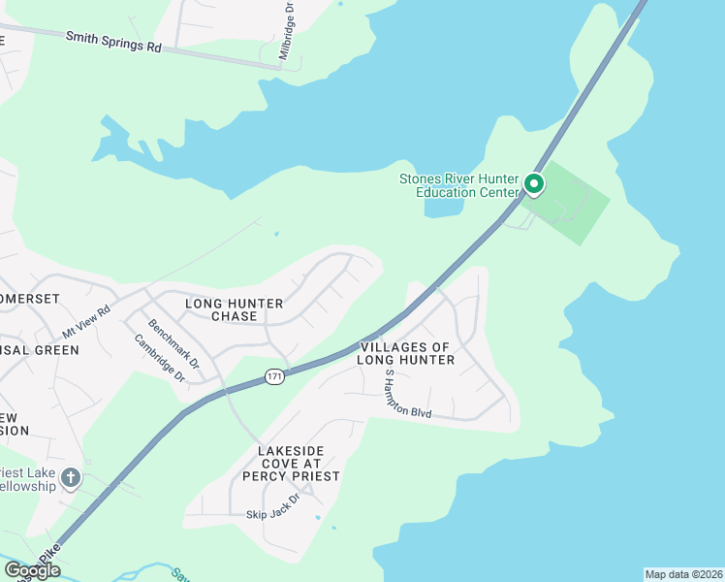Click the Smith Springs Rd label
point(113,42)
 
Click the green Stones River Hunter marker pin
point(533,183)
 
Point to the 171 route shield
point(275,375)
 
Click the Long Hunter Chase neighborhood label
point(234,309)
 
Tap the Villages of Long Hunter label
point(406,353)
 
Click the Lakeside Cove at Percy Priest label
point(299,464)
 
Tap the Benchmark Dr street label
point(173,343)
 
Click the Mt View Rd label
point(87,317)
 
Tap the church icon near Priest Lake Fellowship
point(70,477)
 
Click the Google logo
point(31,570)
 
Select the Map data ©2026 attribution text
point(683,574)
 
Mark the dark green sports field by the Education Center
point(567,201)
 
